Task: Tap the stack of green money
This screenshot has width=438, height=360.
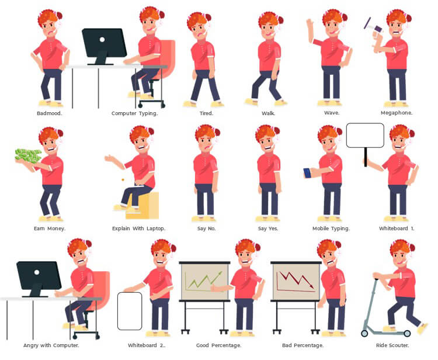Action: (29, 155)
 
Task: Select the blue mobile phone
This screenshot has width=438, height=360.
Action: (307, 173)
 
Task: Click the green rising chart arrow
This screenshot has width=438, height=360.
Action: (204, 280)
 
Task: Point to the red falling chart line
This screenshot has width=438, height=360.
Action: (297, 280)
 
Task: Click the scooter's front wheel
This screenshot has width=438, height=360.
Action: (364, 333)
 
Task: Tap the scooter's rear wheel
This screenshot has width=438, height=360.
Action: (407, 333)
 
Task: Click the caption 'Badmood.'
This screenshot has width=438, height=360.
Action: (50, 113)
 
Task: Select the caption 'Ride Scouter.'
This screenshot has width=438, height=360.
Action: (392, 345)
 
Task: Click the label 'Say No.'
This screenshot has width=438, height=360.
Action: (206, 229)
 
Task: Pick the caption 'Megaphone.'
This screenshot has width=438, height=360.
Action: (397, 113)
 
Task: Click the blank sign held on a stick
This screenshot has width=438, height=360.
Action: (365, 135)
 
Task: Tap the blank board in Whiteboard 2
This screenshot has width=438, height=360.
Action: (130, 311)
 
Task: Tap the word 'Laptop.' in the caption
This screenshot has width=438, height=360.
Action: (156, 229)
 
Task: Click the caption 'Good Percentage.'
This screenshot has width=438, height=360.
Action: (218, 345)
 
